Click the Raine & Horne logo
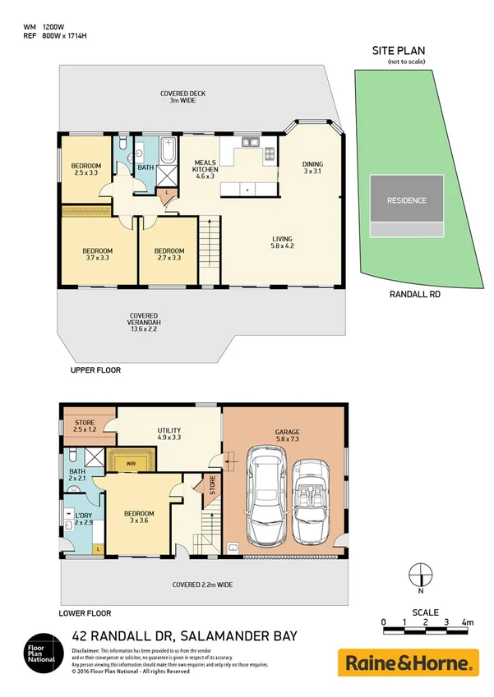pyautogui.click(x=408, y=662)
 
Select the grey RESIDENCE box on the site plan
pyautogui.click(x=407, y=200)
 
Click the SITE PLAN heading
pyautogui.click(x=399, y=51)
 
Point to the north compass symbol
pyautogui.click(x=420, y=575)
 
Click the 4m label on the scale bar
pyautogui.click(x=467, y=623)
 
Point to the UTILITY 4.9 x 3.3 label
pyautogui.click(x=169, y=433)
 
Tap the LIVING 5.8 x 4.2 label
pyautogui.click(x=282, y=244)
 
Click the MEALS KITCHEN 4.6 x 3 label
pyautogui.click(x=204, y=169)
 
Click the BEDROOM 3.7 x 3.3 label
pyautogui.click(x=97, y=254)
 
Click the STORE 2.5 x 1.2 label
pyautogui.click(x=85, y=427)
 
